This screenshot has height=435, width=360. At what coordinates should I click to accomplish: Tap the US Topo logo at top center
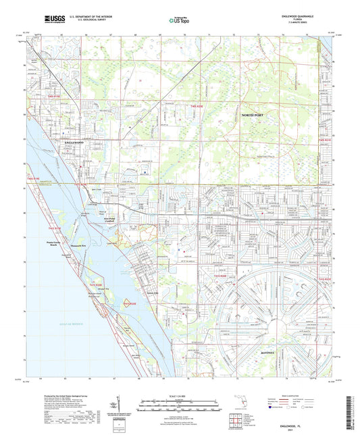(177, 21)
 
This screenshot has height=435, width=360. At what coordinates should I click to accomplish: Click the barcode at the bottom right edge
(351, 408)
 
